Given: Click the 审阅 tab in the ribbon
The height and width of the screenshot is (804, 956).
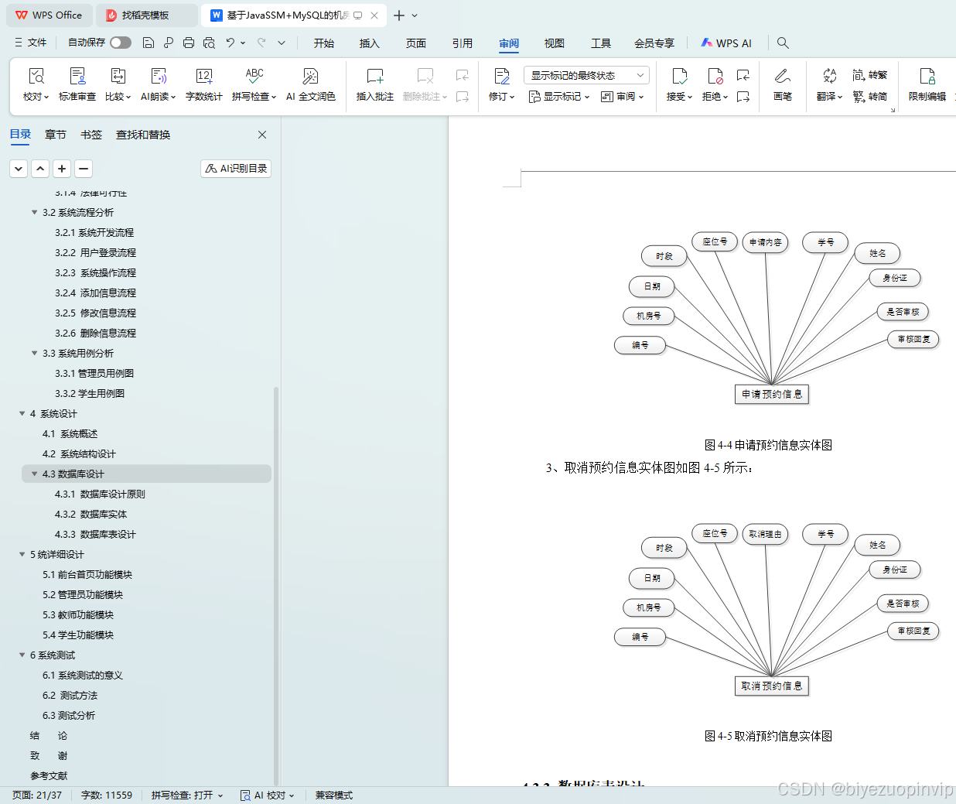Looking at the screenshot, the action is coord(508,43).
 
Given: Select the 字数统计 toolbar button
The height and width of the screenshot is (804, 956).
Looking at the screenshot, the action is coord(204,84).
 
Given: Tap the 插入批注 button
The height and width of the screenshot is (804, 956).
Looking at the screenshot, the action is coord(375,84).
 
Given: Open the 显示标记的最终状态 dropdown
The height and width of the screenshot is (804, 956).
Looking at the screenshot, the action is coord(586,75).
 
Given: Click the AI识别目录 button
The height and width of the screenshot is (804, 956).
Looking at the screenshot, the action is coord(236,169).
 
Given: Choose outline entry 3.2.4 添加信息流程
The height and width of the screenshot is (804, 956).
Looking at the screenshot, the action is coord(95,293).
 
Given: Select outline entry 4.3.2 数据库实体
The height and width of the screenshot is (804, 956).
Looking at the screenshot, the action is coord(90,515).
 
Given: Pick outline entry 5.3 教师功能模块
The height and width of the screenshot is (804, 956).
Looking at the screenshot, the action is coord(77,615).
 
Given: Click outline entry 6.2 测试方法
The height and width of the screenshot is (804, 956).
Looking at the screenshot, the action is coord(70,696).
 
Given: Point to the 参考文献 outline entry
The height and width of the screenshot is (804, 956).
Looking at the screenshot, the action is coord(49,776).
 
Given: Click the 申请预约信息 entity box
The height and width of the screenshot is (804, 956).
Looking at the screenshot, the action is coord(771,395).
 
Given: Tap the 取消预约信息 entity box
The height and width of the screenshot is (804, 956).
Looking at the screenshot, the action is coord(771,686).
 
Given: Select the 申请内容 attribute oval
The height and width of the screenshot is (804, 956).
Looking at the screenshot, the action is coord(765,242).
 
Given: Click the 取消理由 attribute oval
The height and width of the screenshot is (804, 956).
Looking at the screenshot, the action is coord(765,534).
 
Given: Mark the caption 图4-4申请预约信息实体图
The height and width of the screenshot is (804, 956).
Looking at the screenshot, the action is coord(768,445).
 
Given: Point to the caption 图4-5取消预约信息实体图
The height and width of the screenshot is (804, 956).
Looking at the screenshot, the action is coord(768,736).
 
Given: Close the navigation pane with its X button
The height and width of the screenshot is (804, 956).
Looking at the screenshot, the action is coord(262,135).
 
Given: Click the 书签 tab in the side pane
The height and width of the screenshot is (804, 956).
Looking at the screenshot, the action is coord(91,135).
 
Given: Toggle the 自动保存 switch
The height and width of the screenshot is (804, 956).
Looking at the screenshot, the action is coord(121,43).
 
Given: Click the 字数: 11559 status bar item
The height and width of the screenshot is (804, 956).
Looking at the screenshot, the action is coord(107,795).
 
